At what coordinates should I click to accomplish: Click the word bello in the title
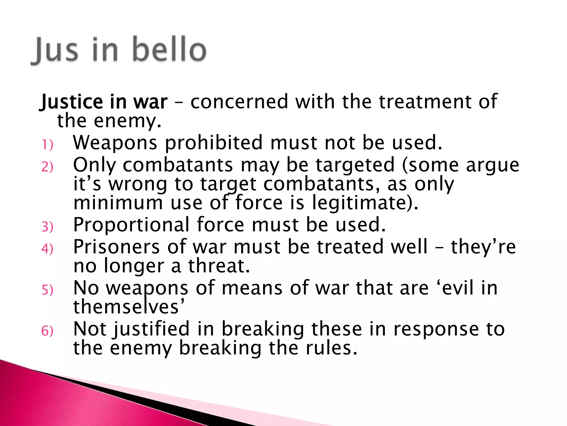click(169, 50)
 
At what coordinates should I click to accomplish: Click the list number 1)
click(47, 145)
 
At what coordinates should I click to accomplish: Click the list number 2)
click(47, 167)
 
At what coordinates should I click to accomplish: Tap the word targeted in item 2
click(355, 165)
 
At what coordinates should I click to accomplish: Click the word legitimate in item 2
click(365, 203)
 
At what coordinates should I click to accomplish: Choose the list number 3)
click(47, 227)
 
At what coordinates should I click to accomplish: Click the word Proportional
click(132, 225)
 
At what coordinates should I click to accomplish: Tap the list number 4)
click(47, 249)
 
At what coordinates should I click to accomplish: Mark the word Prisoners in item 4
click(117, 247)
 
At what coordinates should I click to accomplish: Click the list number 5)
click(47, 290)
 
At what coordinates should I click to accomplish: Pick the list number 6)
click(47, 331)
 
